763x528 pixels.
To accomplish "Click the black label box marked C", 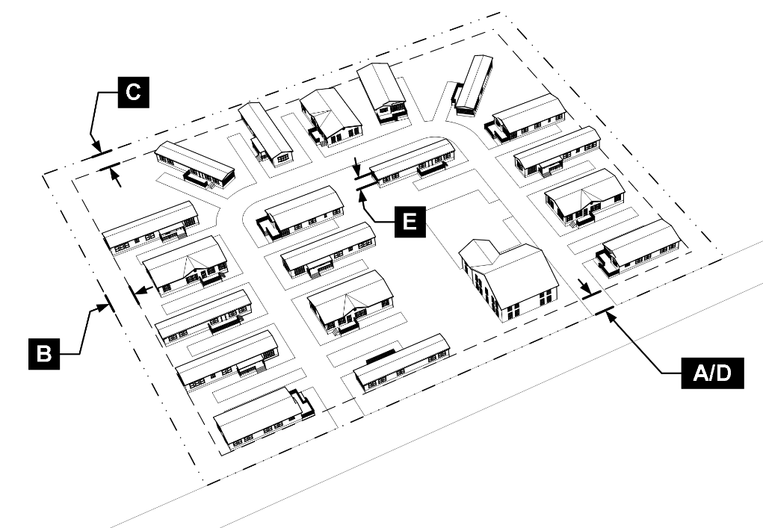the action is point(132,92).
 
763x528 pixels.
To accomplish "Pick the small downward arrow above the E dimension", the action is point(358,170).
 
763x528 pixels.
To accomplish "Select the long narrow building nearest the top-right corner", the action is point(473,84).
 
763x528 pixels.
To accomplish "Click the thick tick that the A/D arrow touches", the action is point(604,308).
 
